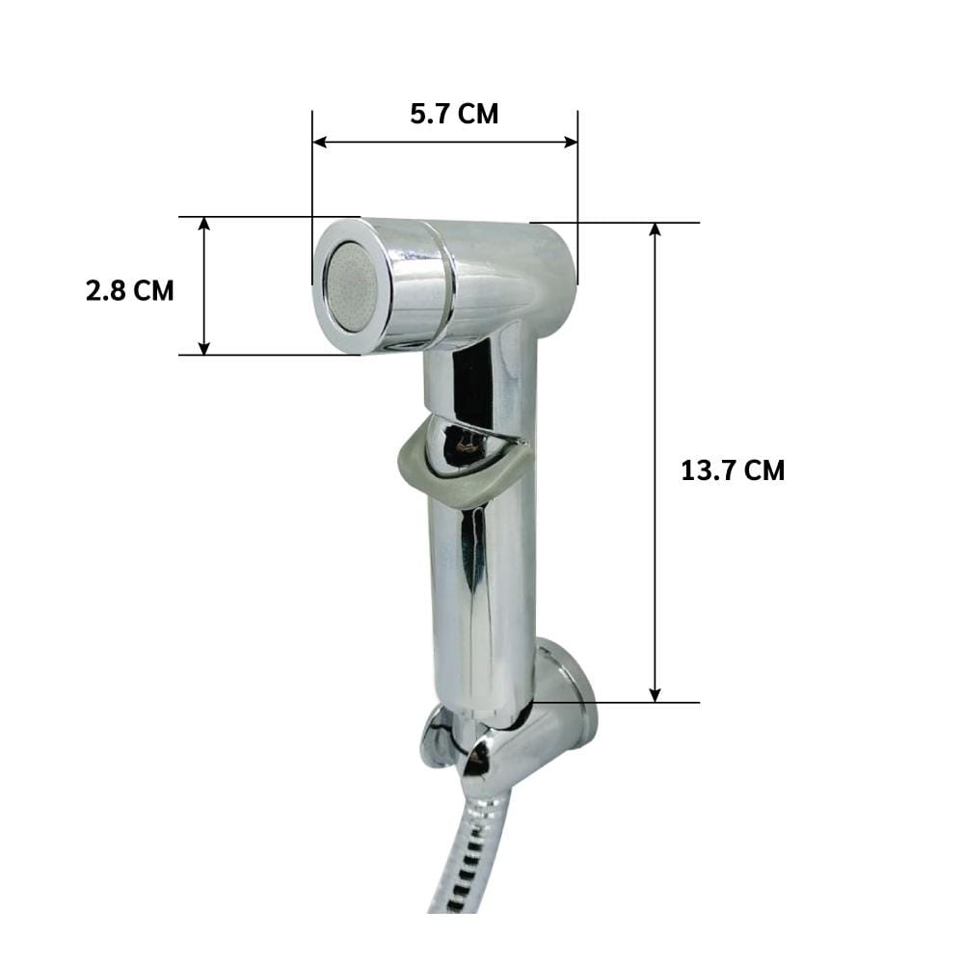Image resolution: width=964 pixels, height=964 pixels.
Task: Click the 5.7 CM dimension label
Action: pyautogui.click(x=454, y=115)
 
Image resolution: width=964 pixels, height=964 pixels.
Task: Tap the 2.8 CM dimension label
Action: pyautogui.click(x=130, y=291)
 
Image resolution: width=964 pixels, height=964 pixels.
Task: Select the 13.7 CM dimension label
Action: pyautogui.click(x=733, y=471)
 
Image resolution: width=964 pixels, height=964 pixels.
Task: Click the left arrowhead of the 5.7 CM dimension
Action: pyautogui.click(x=320, y=142)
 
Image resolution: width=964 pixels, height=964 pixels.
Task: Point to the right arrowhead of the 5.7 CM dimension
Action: pyautogui.click(x=571, y=142)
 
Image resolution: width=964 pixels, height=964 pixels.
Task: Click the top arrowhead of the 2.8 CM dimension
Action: pyautogui.click(x=204, y=224)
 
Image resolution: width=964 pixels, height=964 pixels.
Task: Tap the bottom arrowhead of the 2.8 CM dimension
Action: pyautogui.click(x=204, y=348)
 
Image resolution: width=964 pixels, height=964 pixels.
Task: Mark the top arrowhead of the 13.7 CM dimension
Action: pyautogui.click(x=656, y=230)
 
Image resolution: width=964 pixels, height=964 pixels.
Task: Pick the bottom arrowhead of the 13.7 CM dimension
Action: pyautogui.click(x=656, y=695)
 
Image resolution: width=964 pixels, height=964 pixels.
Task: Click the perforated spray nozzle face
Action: pyautogui.click(x=351, y=287)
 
